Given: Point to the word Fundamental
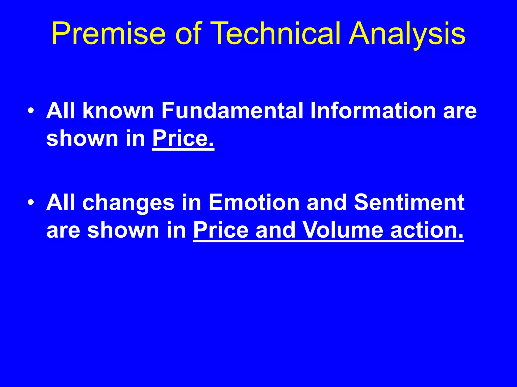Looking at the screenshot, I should point(232,111).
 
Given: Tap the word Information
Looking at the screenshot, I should point(373,111).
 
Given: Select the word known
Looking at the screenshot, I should point(118,111).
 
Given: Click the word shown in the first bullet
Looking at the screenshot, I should point(82,139).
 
